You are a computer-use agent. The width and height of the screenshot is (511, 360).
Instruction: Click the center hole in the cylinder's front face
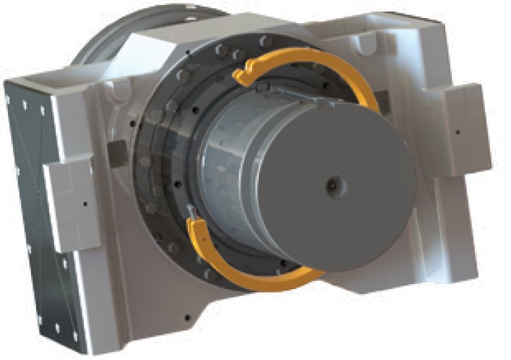(x=332, y=185)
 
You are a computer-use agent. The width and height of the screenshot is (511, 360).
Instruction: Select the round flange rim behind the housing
(x=108, y=43)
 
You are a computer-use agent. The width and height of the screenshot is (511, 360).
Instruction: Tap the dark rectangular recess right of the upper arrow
(x=385, y=103)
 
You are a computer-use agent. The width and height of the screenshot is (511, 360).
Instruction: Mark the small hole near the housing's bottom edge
(x=187, y=316)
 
